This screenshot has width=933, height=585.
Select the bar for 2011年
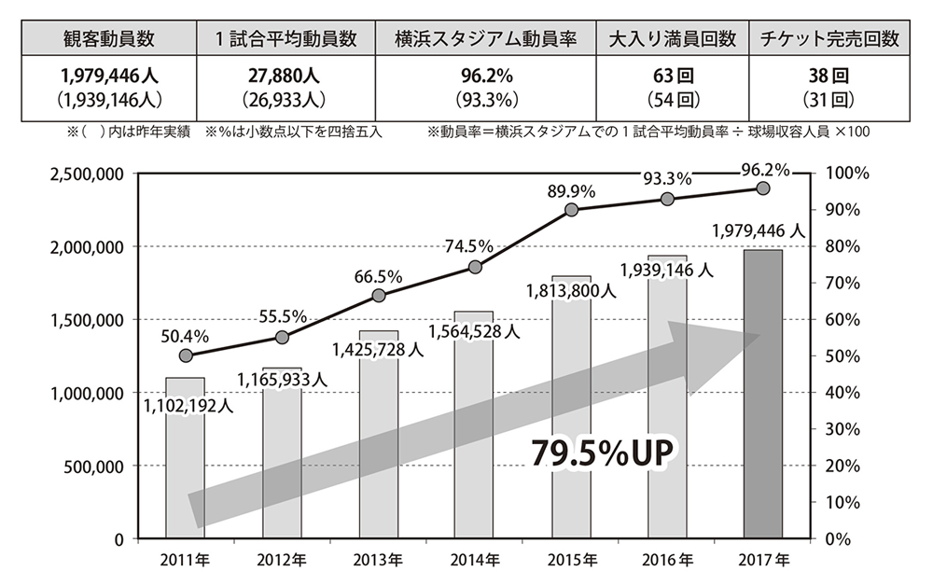[x=185, y=467]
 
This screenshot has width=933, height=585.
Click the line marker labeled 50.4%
[x=186, y=355]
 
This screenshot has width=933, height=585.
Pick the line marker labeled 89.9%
[x=572, y=209]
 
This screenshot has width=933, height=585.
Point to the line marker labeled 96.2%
[x=763, y=188]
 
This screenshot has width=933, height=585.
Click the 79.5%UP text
[x=602, y=452]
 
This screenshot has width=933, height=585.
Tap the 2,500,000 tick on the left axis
[x=83, y=174]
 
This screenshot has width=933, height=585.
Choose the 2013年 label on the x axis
[x=379, y=561]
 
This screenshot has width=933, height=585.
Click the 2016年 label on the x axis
[x=668, y=561]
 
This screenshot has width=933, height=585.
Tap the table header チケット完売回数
[x=829, y=39]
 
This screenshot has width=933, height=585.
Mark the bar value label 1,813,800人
[x=571, y=290]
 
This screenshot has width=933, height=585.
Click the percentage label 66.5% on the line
[x=378, y=276]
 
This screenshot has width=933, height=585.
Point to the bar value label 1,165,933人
[x=282, y=379]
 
